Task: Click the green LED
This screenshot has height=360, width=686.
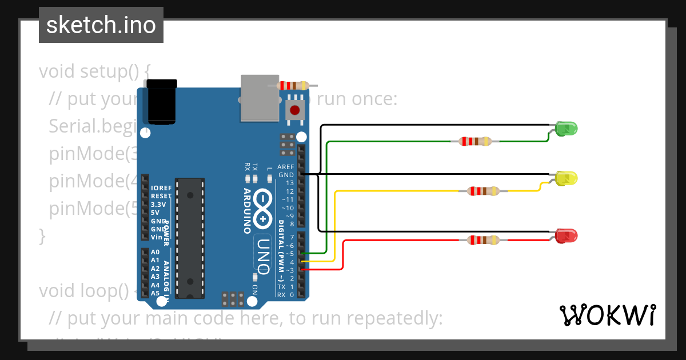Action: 565,129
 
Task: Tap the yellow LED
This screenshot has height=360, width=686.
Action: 566,178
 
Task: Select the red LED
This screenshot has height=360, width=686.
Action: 566,235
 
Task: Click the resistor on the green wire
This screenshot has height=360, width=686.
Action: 476,141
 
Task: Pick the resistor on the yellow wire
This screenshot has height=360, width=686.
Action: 484,191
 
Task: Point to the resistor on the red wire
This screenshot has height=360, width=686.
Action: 484,240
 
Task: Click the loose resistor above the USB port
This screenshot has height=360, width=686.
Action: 293,85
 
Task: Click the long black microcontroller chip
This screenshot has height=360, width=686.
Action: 189,238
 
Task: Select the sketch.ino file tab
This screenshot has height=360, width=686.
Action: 101,25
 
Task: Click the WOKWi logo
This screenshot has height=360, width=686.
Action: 607,315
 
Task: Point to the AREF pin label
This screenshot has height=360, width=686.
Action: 285,167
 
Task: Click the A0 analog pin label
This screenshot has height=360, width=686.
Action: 155,252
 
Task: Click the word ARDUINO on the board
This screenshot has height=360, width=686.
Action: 248,211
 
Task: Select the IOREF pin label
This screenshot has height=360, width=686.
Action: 161,188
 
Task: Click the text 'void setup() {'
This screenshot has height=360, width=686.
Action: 94,71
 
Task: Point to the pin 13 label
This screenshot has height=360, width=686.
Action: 290,183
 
